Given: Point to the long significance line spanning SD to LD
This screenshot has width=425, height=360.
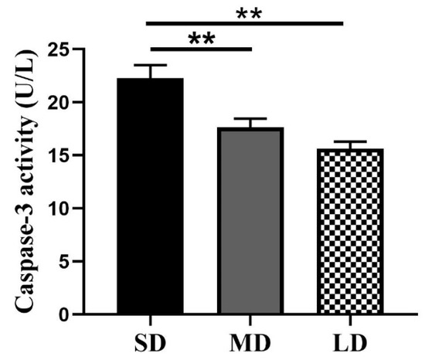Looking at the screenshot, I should [245, 23].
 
